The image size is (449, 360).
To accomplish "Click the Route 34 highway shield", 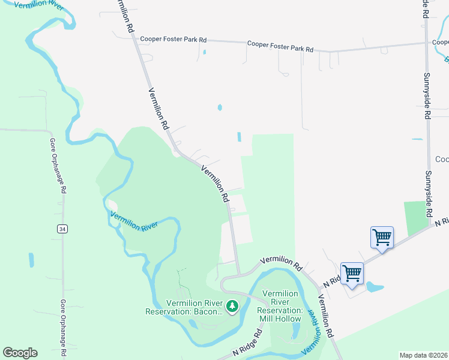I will click(x=62, y=229).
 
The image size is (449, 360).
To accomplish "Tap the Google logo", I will click(x=20, y=353).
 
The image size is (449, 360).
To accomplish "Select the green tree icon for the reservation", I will click(x=232, y=307).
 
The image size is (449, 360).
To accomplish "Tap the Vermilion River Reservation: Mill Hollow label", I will click(x=279, y=306).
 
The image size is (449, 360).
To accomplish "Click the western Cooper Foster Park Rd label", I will click(x=173, y=40).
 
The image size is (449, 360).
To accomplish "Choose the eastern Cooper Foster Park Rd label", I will click(x=280, y=46).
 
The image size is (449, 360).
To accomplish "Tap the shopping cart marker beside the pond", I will click(x=352, y=274).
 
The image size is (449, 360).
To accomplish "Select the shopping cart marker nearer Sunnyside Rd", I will click(x=382, y=238).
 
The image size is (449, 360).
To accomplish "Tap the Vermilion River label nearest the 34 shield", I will click(x=134, y=221).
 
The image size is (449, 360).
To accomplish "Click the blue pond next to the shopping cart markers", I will click(x=375, y=286).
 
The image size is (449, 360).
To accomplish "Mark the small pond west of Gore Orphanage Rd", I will click(x=31, y=260).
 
